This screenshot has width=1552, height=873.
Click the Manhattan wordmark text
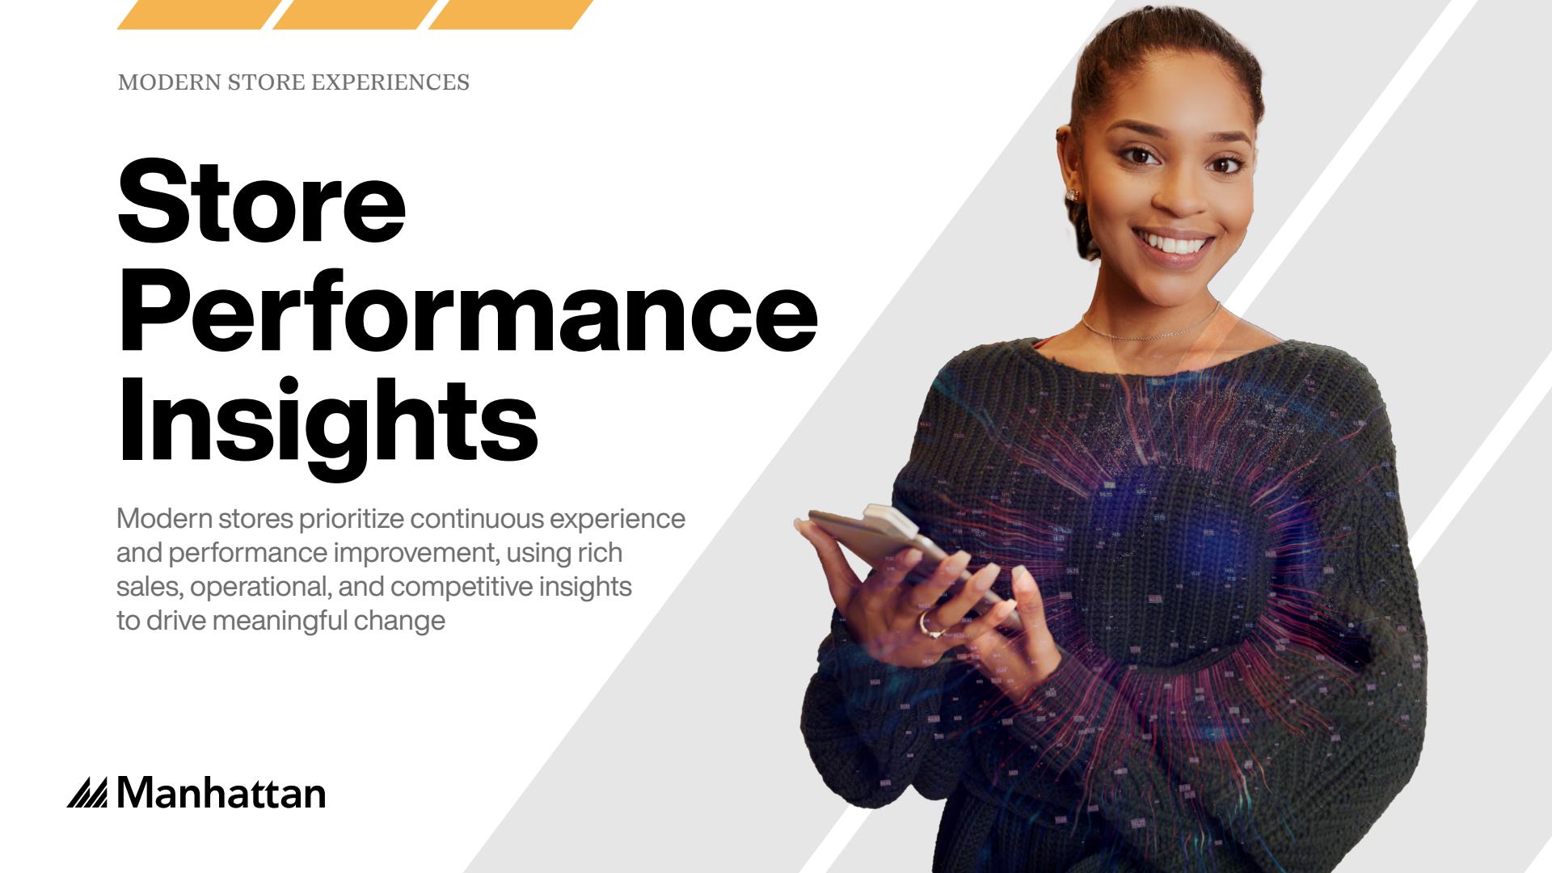pos(221,794)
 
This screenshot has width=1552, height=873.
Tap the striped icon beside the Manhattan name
pos(87,793)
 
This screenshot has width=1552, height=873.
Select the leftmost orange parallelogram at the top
pos(200,15)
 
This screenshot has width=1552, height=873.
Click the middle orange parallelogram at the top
pos(355,15)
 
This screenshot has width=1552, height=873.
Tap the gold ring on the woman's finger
pos(927,624)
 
